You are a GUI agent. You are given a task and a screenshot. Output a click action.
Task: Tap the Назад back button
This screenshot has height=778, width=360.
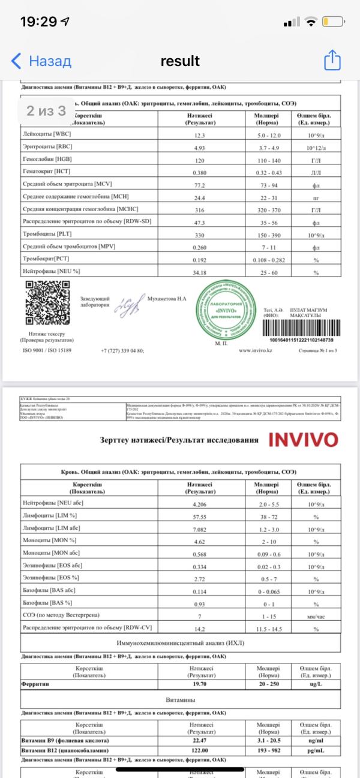click(41, 61)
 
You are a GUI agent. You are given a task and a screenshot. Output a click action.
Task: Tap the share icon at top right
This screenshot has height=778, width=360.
click(332, 60)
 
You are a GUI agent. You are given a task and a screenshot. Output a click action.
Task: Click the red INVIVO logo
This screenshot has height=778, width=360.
click(303, 439)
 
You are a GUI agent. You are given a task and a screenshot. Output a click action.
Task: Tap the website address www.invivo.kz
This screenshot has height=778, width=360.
click(257, 350)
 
